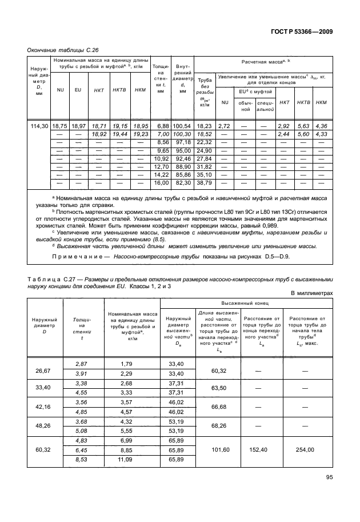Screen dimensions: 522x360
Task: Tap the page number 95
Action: pyautogui.click(x=329, y=493)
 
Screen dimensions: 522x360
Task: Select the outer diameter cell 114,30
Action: pyautogui.click(x=38, y=125)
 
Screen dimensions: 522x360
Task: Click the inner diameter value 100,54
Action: pyautogui.click(x=183, y=125)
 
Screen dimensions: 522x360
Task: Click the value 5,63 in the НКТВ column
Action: pyautogui.click(x=302, y=125)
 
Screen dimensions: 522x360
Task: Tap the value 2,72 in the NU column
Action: pyautogui.click(x=225, y=125)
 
